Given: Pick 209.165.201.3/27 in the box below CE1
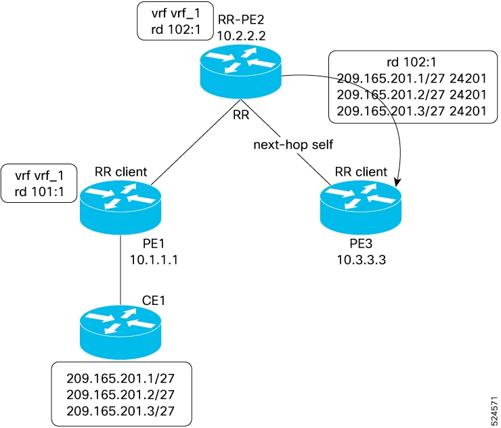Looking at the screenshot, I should tap(121, 411).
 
